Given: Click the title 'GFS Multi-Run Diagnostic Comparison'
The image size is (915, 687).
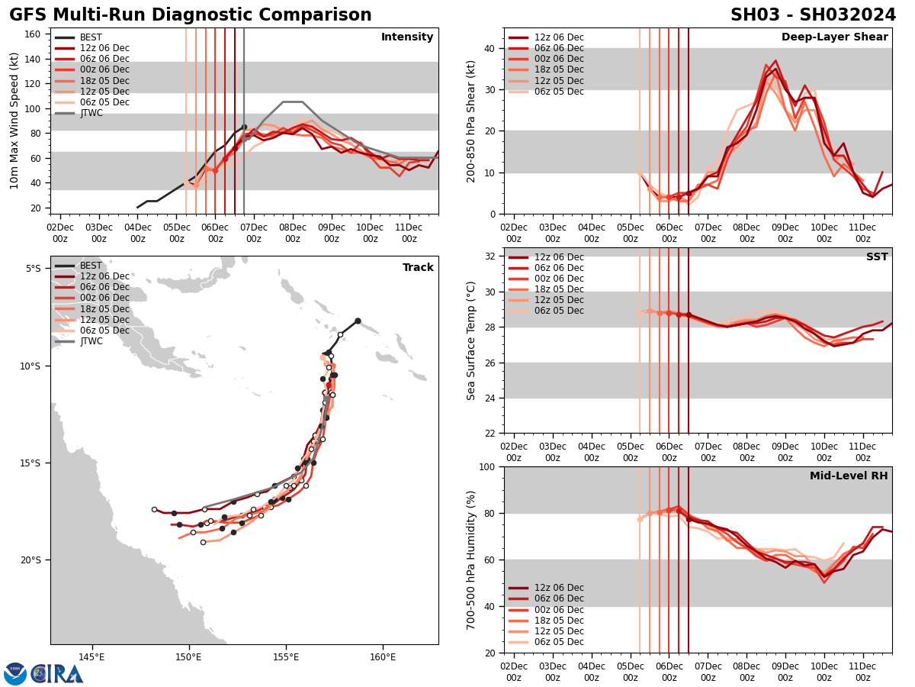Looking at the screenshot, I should tap(191, 15).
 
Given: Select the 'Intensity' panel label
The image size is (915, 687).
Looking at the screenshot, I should tap(407, 37).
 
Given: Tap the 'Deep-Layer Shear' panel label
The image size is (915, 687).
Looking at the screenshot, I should tap(834, 37).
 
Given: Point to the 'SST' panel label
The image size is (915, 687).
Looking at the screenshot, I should tap(876, 257).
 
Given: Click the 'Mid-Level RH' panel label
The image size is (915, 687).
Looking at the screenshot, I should tap(849, 476).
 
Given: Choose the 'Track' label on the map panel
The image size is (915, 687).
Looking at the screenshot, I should tap(418, 268).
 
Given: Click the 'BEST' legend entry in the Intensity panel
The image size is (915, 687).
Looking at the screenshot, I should tap(90, 37).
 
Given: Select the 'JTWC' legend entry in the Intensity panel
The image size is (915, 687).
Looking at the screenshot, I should tap(91, 113).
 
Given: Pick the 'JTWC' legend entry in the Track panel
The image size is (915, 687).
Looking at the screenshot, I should tap(91, 341).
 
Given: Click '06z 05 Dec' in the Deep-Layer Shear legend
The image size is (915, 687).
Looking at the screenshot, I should tap(559, 92).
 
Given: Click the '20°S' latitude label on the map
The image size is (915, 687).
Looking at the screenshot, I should tap(30, 560).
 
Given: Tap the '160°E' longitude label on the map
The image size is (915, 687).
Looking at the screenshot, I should tap(383, 658).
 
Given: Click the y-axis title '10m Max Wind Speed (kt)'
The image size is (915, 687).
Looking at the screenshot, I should tap(14, 121).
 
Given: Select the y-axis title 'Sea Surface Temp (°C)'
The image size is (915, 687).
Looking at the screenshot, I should tap(471, 340).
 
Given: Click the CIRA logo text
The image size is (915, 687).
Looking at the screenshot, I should tap(56, 674).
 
